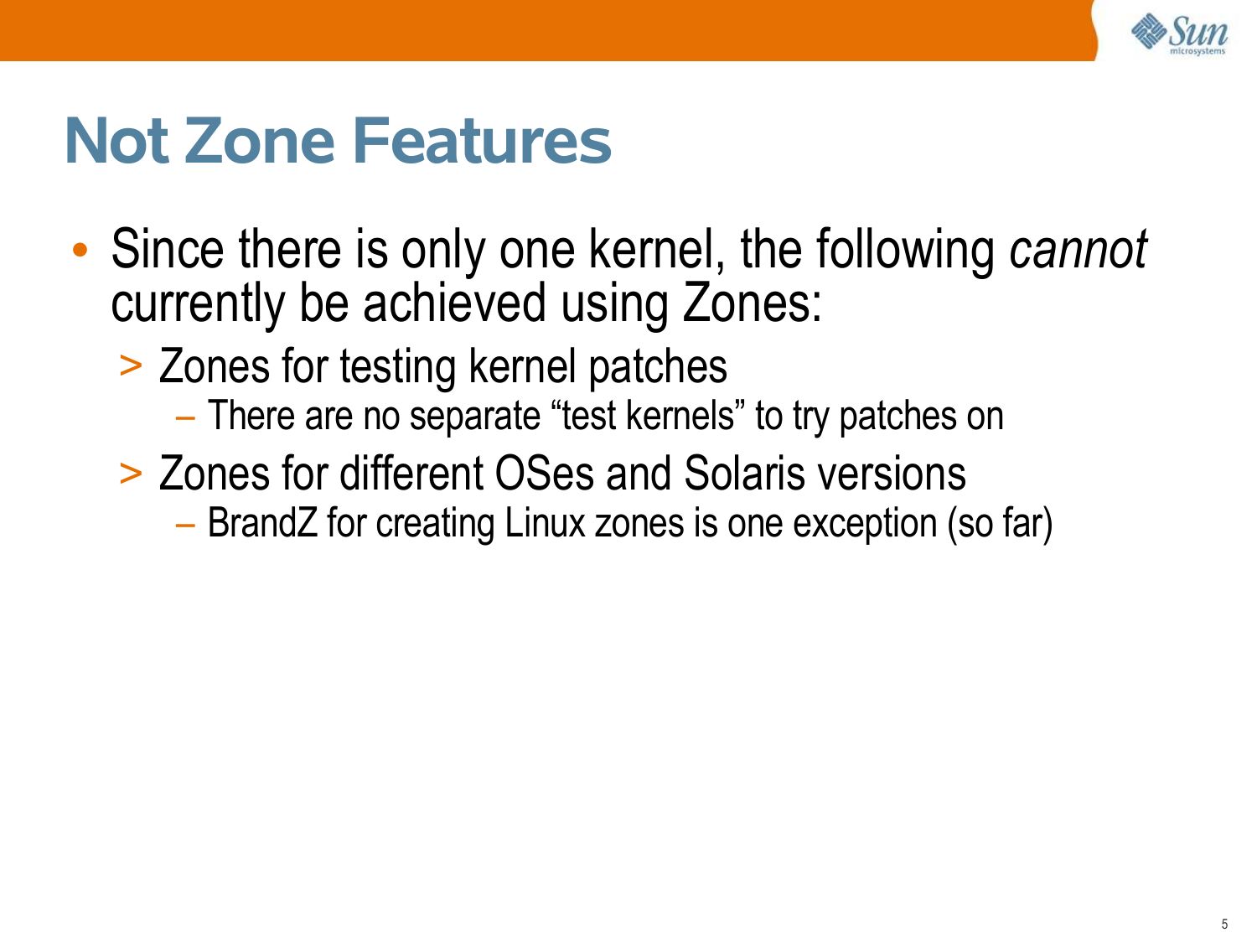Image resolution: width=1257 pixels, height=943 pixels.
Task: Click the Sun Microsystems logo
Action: click(x=1180, y=34)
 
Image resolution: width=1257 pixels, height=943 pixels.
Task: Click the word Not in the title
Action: click(x=116, y=141)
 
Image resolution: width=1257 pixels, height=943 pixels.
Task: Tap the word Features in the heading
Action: click(x=482, y=141)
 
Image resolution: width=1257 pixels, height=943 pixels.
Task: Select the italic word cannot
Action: click(x=1079, y=249)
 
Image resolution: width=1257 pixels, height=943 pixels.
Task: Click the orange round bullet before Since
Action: click(x=80, y=250)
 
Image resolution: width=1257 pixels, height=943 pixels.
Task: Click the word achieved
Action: click(x=454, y=303)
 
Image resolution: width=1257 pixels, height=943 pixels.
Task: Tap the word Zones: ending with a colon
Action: click(x=752, y=303)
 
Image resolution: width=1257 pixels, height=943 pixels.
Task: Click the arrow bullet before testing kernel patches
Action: click(x=131, y=366)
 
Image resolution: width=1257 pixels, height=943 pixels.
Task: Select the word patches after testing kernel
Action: click(x=658, y=368)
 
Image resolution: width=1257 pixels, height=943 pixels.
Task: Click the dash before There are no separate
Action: click(x=185, y=418)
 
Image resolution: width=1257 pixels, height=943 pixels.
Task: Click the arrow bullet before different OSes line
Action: click(x=131, y=474)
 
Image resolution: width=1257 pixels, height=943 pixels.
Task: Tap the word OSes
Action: click(x=544, y=474)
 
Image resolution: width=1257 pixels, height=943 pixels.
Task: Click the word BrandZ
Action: click(x=262, y=523)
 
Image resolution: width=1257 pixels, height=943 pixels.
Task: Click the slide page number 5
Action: click(x=1225, y=924)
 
